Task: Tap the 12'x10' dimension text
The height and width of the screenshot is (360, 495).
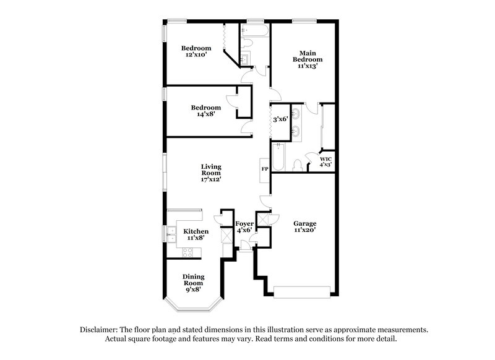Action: coord(196,55)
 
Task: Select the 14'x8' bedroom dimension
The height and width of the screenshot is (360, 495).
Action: coord(205,114)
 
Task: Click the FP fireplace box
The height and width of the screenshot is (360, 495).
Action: coord(264,169)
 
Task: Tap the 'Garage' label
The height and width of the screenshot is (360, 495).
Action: coord(305,223)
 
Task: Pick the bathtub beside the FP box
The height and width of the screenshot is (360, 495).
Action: coord(278,158)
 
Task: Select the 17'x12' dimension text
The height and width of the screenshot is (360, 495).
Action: coord(211,179)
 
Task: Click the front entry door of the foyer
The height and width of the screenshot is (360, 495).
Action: coord(246,249)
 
